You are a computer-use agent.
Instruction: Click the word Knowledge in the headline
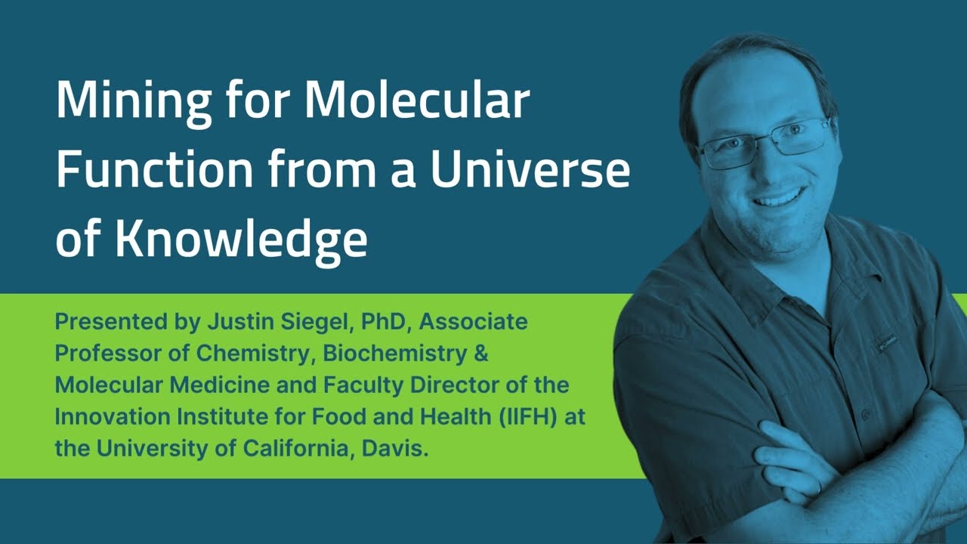243,238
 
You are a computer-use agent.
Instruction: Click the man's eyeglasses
763,142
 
